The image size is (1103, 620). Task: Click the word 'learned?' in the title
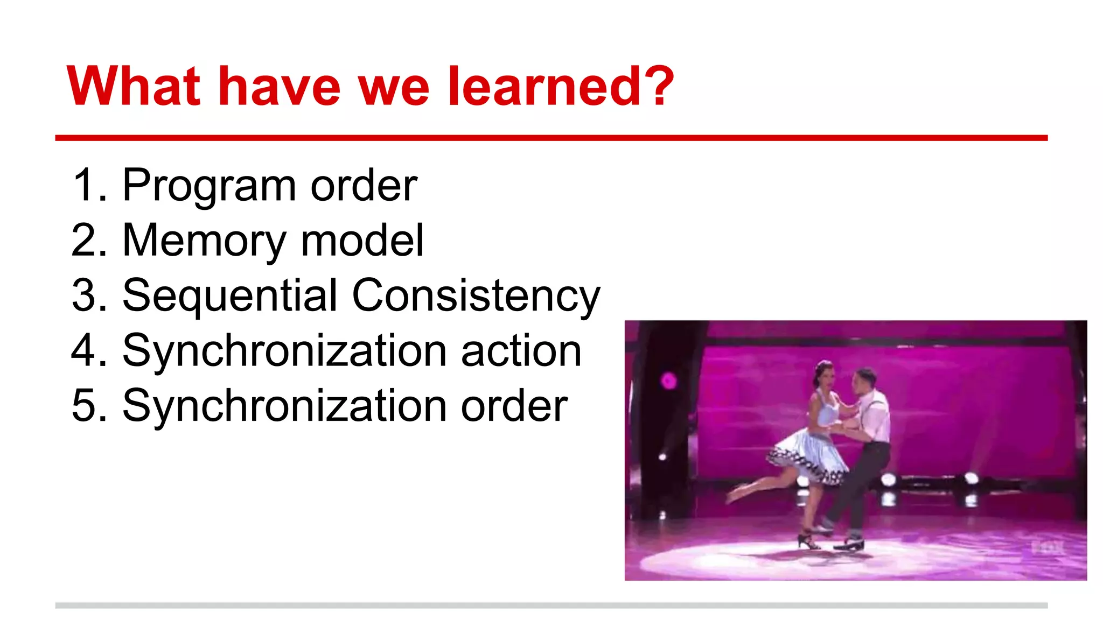[x=560, y=86]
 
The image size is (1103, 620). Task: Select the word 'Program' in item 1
[x=209, y=186]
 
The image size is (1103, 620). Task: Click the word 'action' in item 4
[x=521, y=350]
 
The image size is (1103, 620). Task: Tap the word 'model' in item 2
[x=362, y=241]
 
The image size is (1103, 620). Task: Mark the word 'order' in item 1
[x=364, y=186]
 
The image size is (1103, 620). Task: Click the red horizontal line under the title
[x=551, y=138]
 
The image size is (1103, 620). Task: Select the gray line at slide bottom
[x=551, y=605]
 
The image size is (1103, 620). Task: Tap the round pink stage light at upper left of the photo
[x=668, y=381]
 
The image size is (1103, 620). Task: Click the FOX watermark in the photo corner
[x=1048, y=548]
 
